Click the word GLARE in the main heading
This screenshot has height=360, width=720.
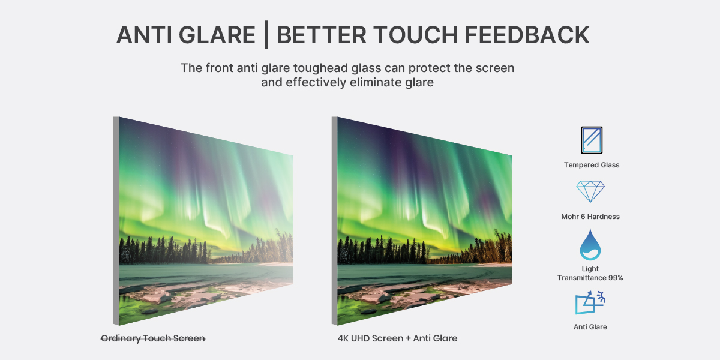[217, 35]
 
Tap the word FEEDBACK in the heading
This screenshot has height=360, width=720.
[527, 35]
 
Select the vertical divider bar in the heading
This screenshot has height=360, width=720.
[266, 35]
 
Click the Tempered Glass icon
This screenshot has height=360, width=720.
[592, 140]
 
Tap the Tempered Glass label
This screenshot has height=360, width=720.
[592, 165]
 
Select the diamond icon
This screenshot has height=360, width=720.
[590, 191]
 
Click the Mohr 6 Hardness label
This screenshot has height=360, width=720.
[590, 217]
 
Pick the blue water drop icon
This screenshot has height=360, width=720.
[590, 245]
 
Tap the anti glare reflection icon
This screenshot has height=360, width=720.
[590, 302]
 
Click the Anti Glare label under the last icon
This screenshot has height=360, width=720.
[590, 327]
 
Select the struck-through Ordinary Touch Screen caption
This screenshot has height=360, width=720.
[153, 338]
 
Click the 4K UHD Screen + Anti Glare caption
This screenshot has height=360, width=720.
[397, 338]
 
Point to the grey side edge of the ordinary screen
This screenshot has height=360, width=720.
[116, 221]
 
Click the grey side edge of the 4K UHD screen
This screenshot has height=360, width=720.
[335, 221]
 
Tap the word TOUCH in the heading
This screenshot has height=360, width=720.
[415, 35]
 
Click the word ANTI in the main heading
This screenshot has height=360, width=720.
[145, 35]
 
